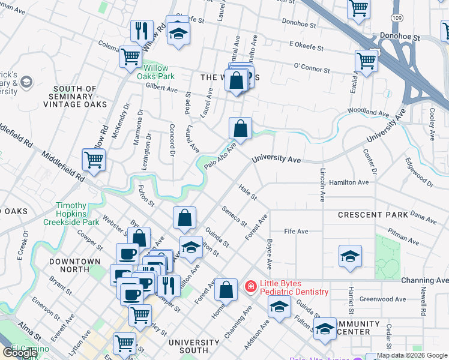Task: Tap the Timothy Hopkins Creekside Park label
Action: click(x=71, y=214)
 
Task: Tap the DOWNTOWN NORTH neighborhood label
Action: click(x=75, y=266)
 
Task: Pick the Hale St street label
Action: click(x=247, y=193)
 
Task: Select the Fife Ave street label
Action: click(x=296, y=232)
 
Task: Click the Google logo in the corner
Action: click(x=20, y=353)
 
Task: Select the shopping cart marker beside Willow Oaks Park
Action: click(x=130, y=57)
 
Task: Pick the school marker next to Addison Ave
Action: click(x=279, y=308)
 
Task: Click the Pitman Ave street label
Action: click(x=403, y=231)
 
